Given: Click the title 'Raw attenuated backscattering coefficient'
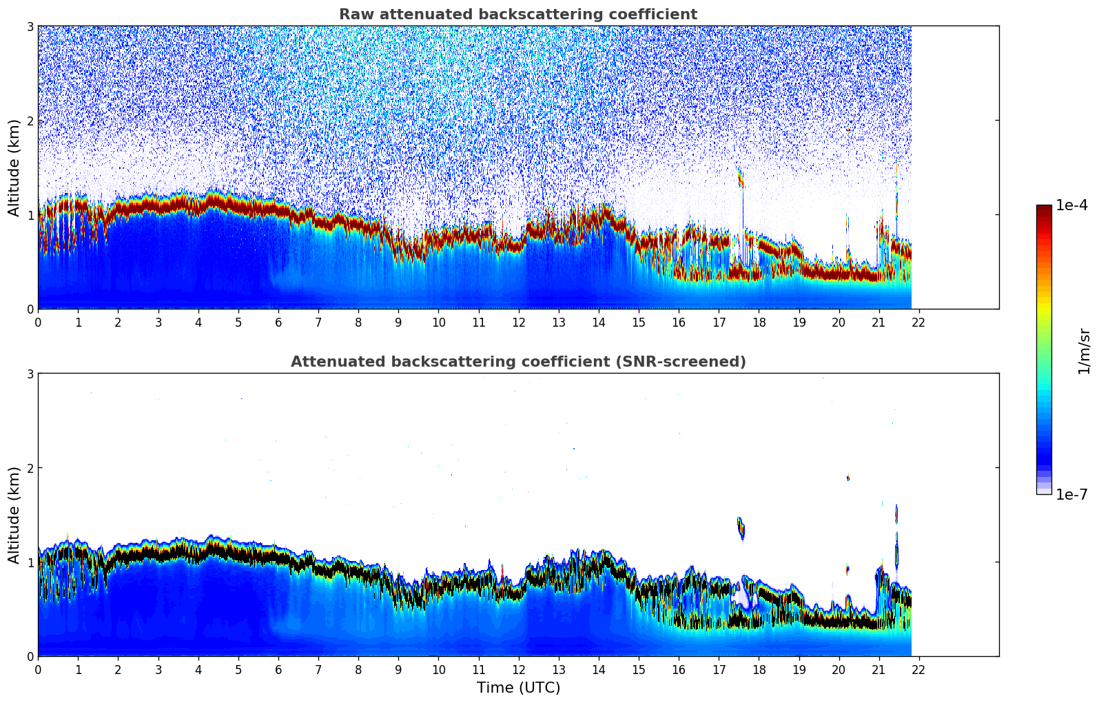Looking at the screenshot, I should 517,14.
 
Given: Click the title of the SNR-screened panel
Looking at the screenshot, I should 517,362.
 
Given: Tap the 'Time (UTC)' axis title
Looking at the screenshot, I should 518,688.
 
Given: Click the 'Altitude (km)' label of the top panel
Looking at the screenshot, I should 14,167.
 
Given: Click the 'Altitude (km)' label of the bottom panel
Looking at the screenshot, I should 14,515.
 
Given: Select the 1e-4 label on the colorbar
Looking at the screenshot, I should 1071,205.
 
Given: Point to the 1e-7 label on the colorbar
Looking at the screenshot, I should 1071,494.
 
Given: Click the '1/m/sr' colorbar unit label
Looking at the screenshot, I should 1084,351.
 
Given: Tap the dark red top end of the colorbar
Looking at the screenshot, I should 1043,208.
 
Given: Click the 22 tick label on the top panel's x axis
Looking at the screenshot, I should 918,322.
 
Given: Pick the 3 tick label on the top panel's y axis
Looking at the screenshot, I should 30,26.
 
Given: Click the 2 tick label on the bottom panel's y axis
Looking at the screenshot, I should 30,468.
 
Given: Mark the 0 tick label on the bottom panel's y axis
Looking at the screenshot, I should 30,656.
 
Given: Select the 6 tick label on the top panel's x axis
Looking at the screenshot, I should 278,322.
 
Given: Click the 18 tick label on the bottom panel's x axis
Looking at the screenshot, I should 759,669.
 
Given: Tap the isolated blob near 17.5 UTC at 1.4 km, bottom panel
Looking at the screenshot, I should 741,528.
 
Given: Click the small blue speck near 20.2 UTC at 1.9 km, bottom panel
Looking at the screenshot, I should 848,478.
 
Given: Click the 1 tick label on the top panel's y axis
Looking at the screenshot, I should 30,215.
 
